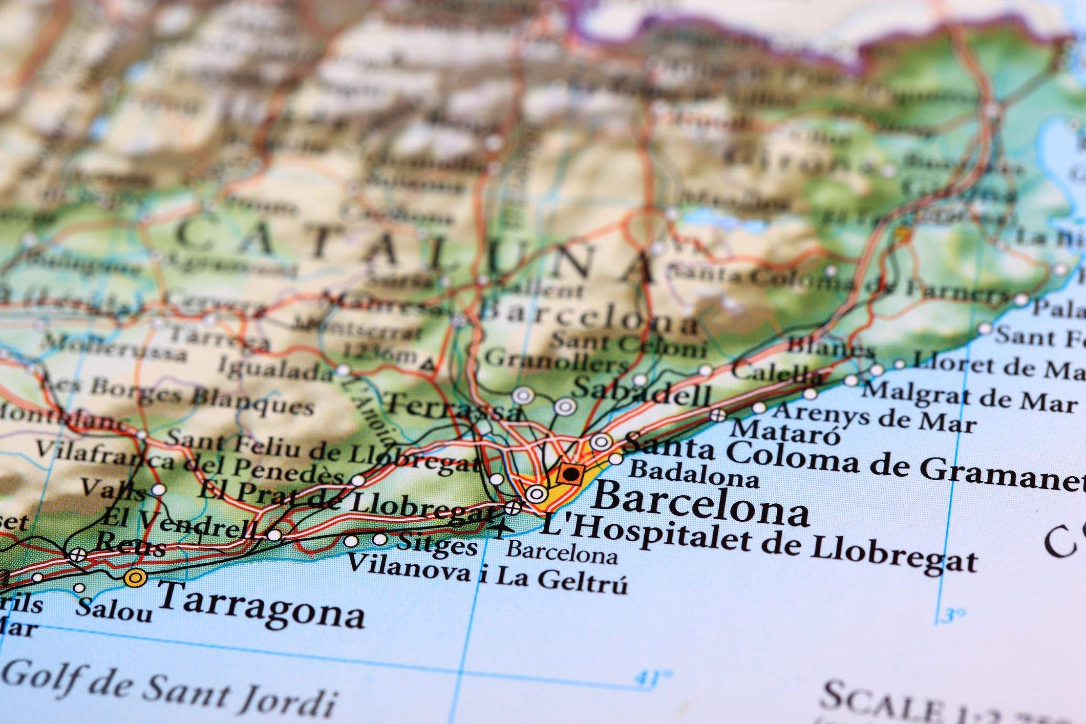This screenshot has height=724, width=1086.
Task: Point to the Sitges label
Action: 437,544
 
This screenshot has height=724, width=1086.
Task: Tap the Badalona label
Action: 694,476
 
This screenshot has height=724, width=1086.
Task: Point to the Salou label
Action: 114,609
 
